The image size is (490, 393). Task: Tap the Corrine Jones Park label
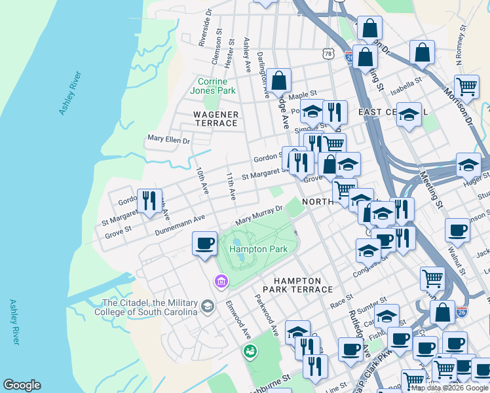pyautogui.click(x=217, y=86)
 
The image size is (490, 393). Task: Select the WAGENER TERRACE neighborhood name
pyautogui.click(x=216, y=119)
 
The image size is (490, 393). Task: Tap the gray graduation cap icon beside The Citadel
pyautogui.click(x=208, y=306)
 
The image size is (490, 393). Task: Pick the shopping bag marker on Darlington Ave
pyautogui.click(x=278, y=81)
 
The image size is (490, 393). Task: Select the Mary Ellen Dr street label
pyautogui.click(x=168, y=140)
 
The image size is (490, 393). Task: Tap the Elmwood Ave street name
pyautogui.click(x=238, y=320)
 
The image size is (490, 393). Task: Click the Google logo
pyautogui.click(x=22, y=385)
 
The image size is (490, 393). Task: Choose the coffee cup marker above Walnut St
pyautogui.click(x=457, y=230)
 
